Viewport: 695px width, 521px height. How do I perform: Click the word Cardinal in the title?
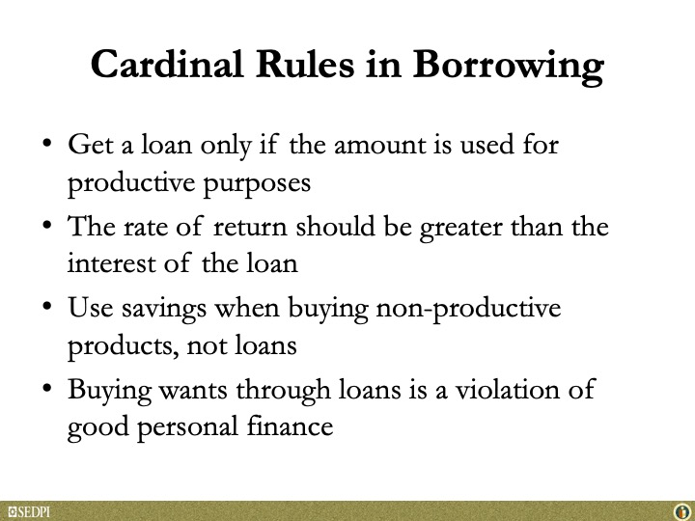[167, 64]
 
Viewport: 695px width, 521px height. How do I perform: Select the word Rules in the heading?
[305, 64]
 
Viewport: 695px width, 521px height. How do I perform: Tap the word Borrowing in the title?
[508, 67]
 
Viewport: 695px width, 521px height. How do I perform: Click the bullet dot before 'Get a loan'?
[46, 143]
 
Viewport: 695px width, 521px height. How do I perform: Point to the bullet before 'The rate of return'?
[46, 225]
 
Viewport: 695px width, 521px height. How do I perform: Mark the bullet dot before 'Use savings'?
[46, 306]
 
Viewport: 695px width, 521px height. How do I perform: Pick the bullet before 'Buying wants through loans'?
[46, 388]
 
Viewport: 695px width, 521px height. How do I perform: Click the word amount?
[380, 146]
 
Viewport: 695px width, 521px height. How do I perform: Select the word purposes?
[257, 184]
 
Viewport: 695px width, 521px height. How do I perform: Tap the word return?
[250, 228]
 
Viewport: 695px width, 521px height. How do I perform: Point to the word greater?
[461, 229]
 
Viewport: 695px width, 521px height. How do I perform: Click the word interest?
[111, 263]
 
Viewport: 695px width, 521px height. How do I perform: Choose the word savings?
[164, 310]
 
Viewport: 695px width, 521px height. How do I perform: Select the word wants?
[193, 391]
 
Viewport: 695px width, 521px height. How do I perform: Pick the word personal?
[187, 428]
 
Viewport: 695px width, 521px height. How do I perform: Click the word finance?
[290, 426]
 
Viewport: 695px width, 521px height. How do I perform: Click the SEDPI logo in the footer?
[29, 512]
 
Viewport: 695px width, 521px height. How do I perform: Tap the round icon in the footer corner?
[681, 512]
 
